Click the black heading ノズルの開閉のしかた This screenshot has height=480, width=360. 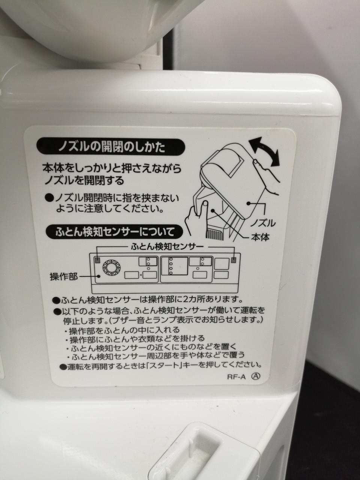tap(111, 148)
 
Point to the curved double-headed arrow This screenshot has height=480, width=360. tap(265, 151)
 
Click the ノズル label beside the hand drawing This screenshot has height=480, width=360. tap(263, 223)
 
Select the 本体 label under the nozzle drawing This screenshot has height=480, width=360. tap(260, 237)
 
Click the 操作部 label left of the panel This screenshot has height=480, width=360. tap(64, 277)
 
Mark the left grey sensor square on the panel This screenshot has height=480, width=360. tap(97, 260)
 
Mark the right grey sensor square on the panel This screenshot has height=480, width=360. tap(234, 260)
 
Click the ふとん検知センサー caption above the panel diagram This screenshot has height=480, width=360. tap(167, 247)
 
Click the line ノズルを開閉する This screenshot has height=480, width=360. tap(84, 181)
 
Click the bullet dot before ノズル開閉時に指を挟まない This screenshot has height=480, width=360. tap(49, 198)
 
